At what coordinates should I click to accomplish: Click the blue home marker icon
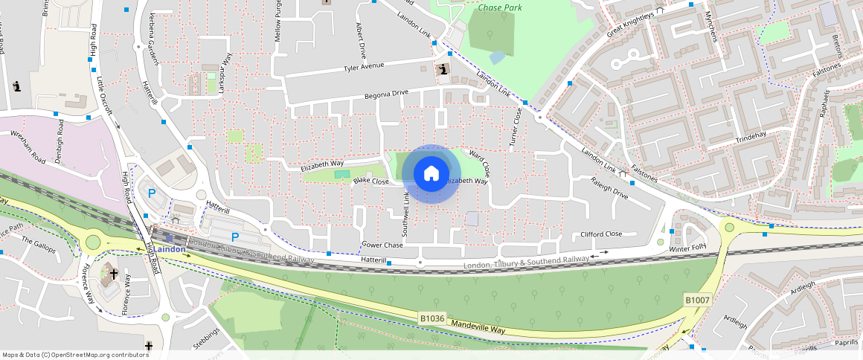[x=431, y=174]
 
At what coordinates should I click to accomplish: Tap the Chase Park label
[x=501, y=7]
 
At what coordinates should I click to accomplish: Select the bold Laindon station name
[x=171, y=249]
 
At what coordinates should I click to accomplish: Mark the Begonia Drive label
[x=386, y=94]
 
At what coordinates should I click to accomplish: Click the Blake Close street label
[x=370, y=181]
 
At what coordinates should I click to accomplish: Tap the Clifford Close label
[x=601, y=234]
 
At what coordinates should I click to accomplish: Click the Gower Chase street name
[x=382, y=245]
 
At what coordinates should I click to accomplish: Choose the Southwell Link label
[x=406, y=210]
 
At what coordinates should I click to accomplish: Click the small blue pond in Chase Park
[x=497, y=57]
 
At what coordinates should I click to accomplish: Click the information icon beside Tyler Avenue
[x=444, y=70]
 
